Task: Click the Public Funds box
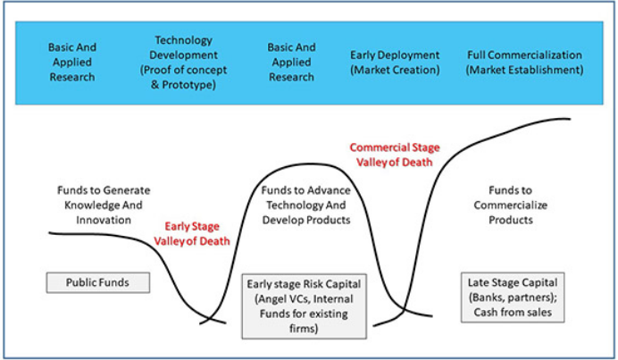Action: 97,282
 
